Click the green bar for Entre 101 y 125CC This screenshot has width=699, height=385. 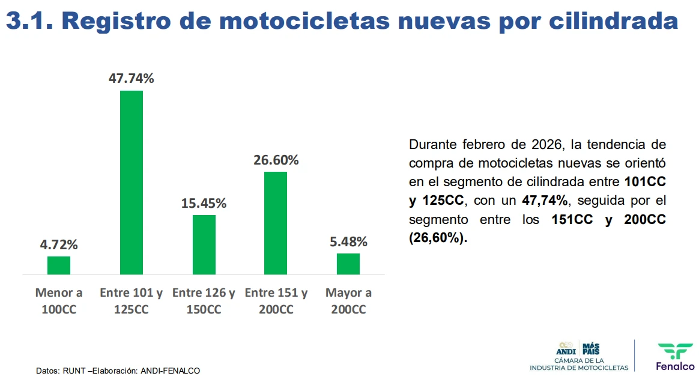[132, 183]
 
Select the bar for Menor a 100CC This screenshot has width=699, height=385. [59, 265]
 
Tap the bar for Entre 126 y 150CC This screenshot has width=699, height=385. [204, 244]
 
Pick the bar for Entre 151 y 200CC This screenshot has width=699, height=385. [276, 223]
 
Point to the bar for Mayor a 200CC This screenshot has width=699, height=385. [348, 264]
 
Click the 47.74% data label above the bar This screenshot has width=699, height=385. [132, 78]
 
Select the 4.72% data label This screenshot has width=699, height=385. [59, 244]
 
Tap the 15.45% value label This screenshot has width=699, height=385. [204, 203]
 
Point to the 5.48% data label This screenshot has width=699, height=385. [348, 241]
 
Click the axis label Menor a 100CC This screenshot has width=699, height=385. [59, 301]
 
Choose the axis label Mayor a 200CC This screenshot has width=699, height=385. [348, 301]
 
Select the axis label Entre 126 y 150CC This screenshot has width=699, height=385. [204, 301]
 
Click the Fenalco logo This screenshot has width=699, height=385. [675, 356]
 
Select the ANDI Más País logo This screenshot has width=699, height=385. [578, 356]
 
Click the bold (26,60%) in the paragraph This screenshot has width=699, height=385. [438, 238]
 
